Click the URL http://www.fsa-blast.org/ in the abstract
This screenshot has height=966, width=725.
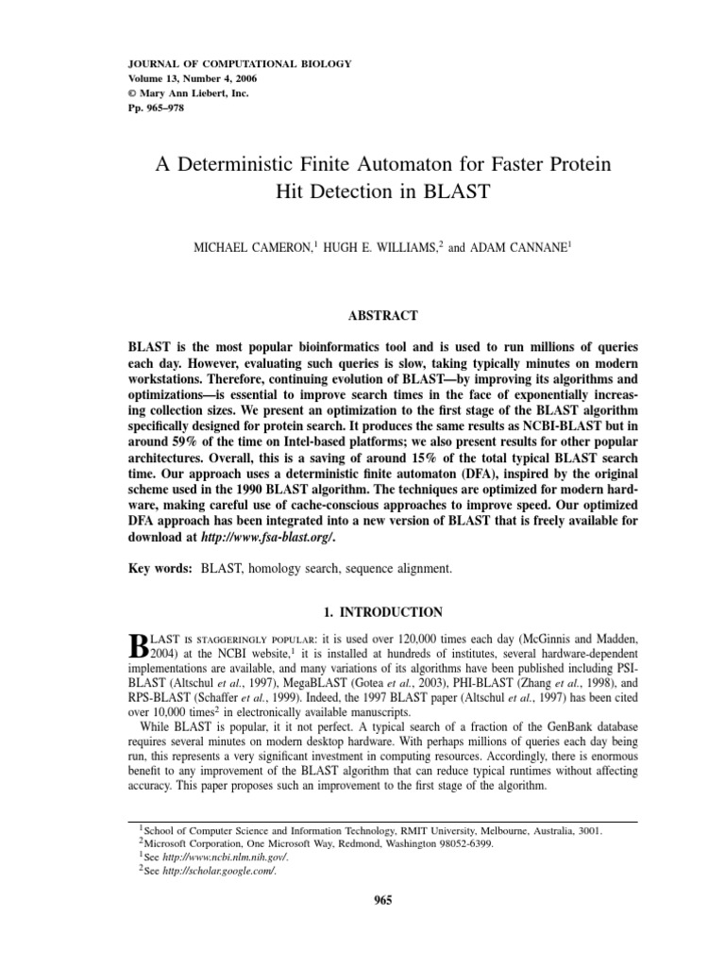tap(268, 537)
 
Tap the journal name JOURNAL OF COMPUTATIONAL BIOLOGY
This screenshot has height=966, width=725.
tap(239, 63)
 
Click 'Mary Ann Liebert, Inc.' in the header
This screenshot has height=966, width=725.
tap(193, 93)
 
